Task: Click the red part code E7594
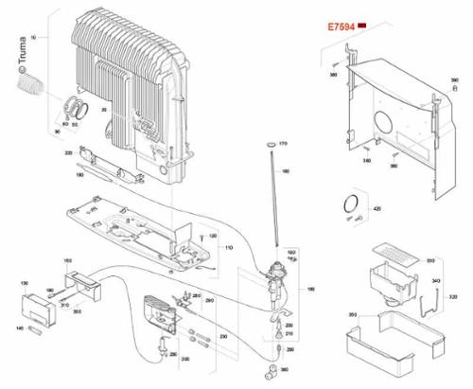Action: point(341,29)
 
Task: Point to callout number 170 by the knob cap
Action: point(283,142)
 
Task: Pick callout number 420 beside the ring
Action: point(377,207)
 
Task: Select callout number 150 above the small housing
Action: point(67,260)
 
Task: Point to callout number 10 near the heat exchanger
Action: point(33,36)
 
